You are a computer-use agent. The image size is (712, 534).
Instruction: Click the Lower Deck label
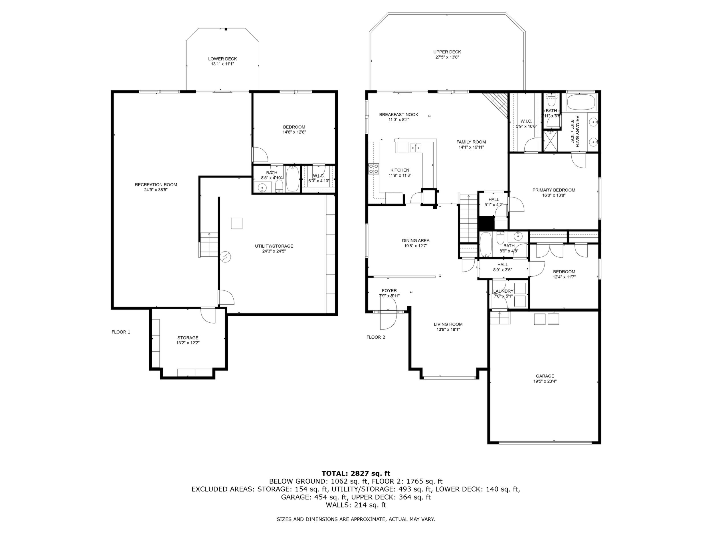click(222, 59)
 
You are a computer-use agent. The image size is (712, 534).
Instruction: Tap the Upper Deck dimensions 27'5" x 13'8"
click(447, 57)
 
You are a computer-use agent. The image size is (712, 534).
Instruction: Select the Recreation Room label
click(156, 185)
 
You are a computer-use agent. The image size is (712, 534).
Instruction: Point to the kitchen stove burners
click(374, 169)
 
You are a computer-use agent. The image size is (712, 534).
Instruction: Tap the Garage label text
click(545, 376)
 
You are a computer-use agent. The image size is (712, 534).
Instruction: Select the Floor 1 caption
click(121, 332)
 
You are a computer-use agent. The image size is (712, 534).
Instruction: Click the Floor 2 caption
click(376, 337)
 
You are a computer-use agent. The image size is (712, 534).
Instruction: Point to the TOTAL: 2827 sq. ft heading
click(356, 474)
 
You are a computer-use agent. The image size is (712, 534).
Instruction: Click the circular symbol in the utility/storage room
click(225, 256)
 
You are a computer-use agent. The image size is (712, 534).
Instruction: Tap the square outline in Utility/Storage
click(236, 223)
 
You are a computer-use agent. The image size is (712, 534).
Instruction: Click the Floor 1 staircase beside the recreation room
click(209, 245)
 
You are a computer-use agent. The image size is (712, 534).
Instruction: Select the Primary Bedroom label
click(554, 190)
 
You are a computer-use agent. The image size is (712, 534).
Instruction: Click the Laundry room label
click(503, 291)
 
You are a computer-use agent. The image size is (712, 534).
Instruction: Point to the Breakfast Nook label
click(399, 115)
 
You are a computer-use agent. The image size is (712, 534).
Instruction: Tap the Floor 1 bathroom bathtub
click(293, 179)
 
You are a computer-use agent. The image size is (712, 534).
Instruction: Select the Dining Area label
click(416, 240)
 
